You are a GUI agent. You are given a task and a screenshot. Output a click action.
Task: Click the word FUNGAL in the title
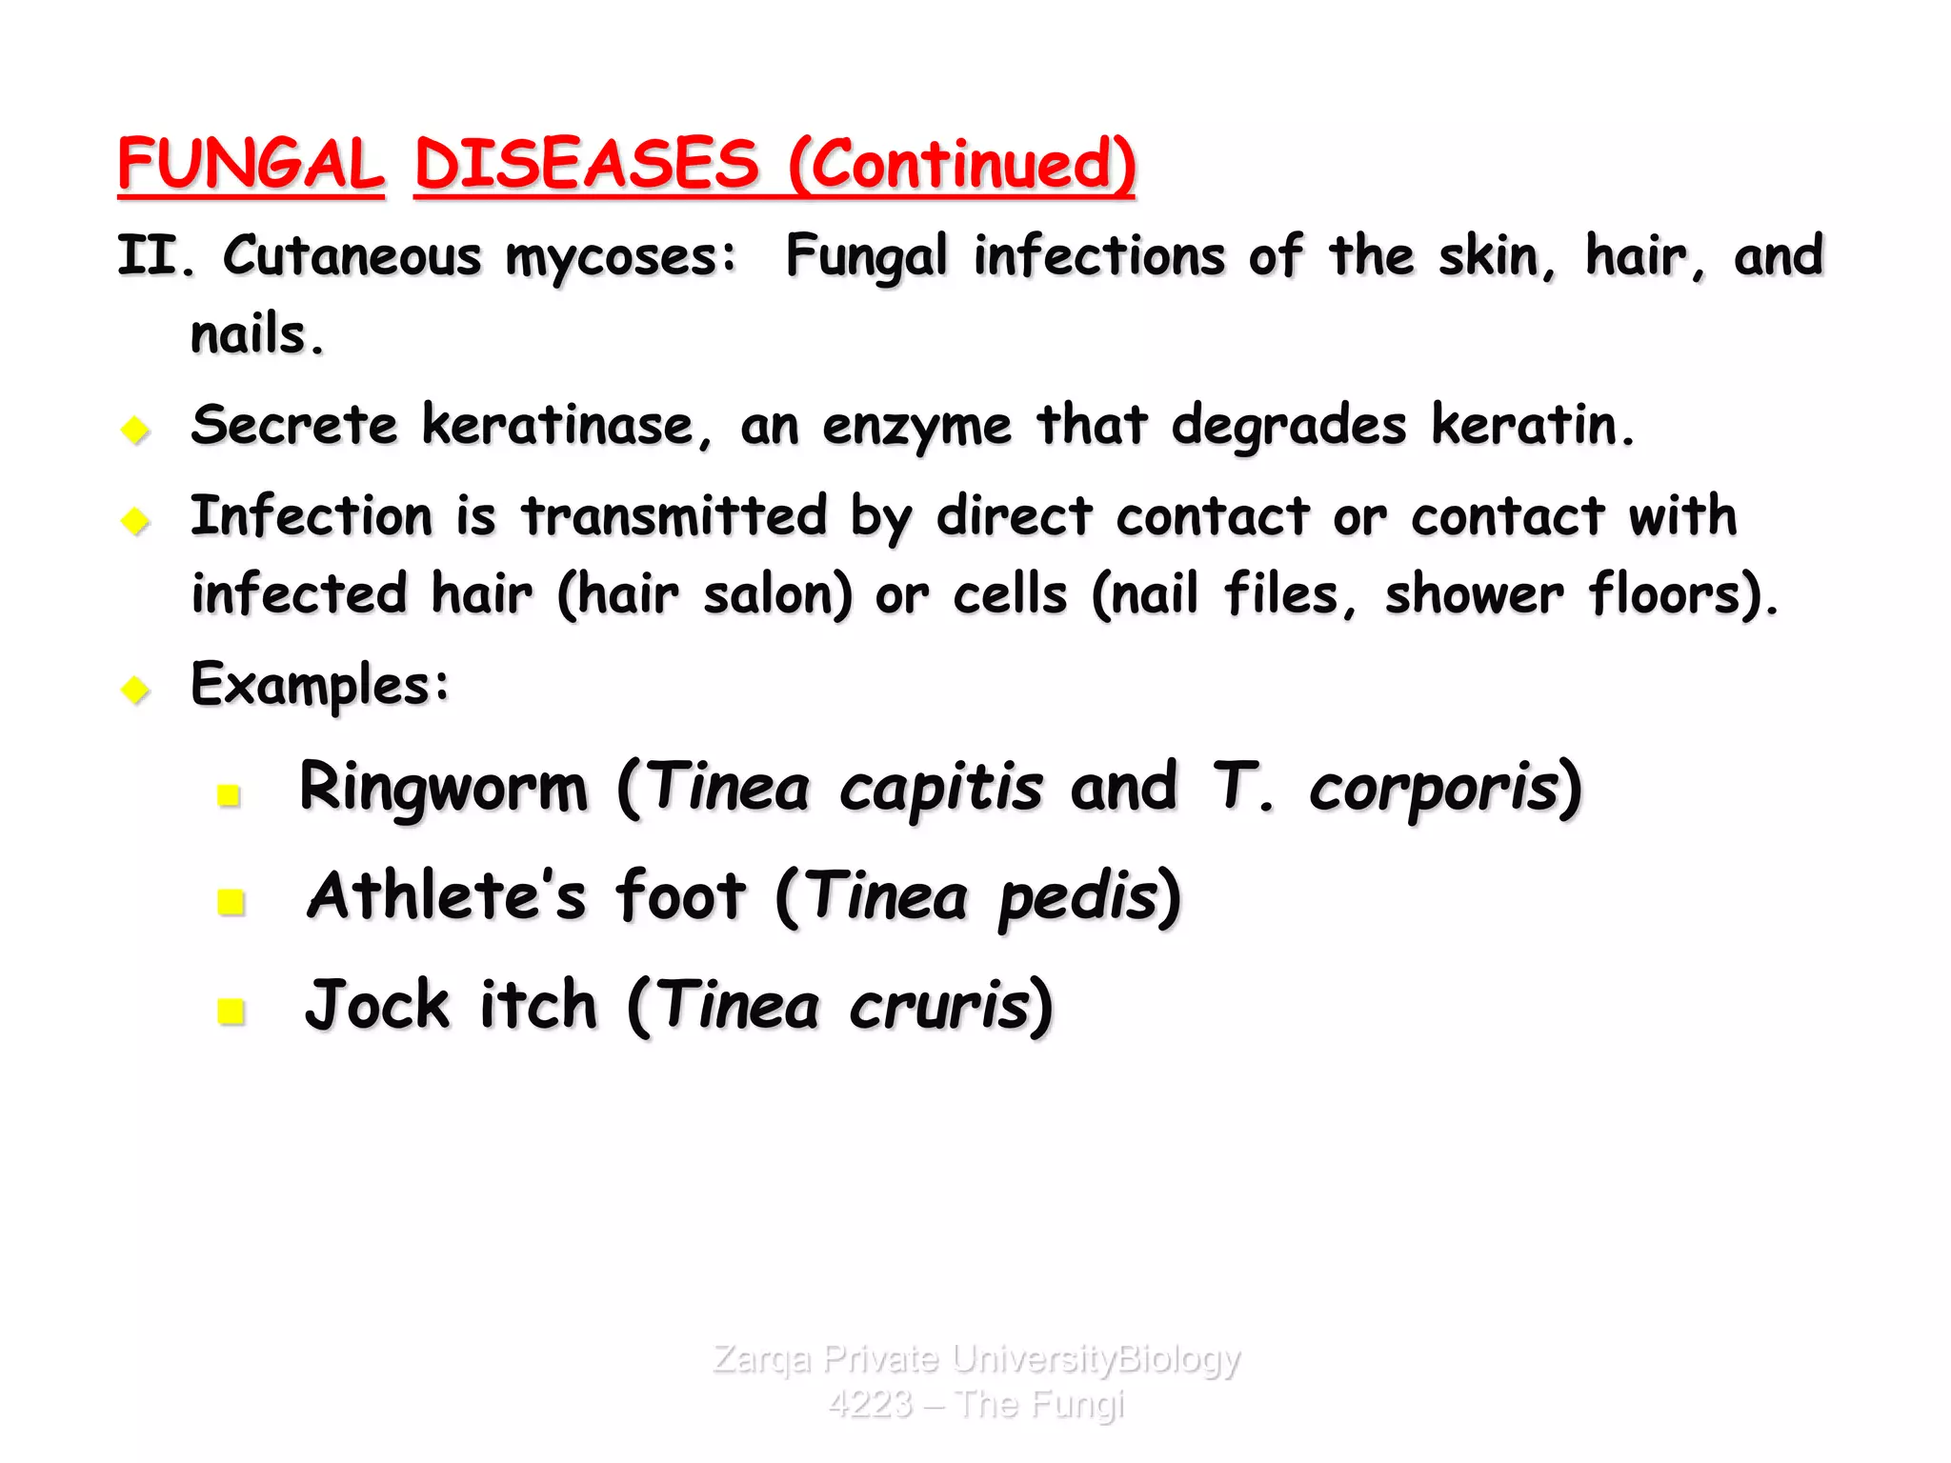(251, 164)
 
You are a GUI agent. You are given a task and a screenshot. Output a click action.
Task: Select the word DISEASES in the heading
(586, 164)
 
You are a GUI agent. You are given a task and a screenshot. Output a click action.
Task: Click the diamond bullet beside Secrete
(136, 430)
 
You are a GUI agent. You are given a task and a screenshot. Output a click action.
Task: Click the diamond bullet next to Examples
(136, 689)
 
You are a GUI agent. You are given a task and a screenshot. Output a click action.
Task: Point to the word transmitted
(674, 516)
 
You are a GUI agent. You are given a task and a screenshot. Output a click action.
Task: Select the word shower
(1473, 595)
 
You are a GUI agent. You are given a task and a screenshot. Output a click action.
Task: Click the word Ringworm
(444, 788)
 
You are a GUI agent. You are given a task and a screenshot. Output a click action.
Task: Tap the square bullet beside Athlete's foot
(231, 901)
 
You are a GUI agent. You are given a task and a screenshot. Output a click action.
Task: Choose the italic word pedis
(1077, 897)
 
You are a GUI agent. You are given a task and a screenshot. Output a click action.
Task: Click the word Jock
(377, 1005)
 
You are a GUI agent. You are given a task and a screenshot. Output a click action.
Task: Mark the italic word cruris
(939, 1007)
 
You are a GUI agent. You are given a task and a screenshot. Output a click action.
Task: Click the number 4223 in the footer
(870, 1404)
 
